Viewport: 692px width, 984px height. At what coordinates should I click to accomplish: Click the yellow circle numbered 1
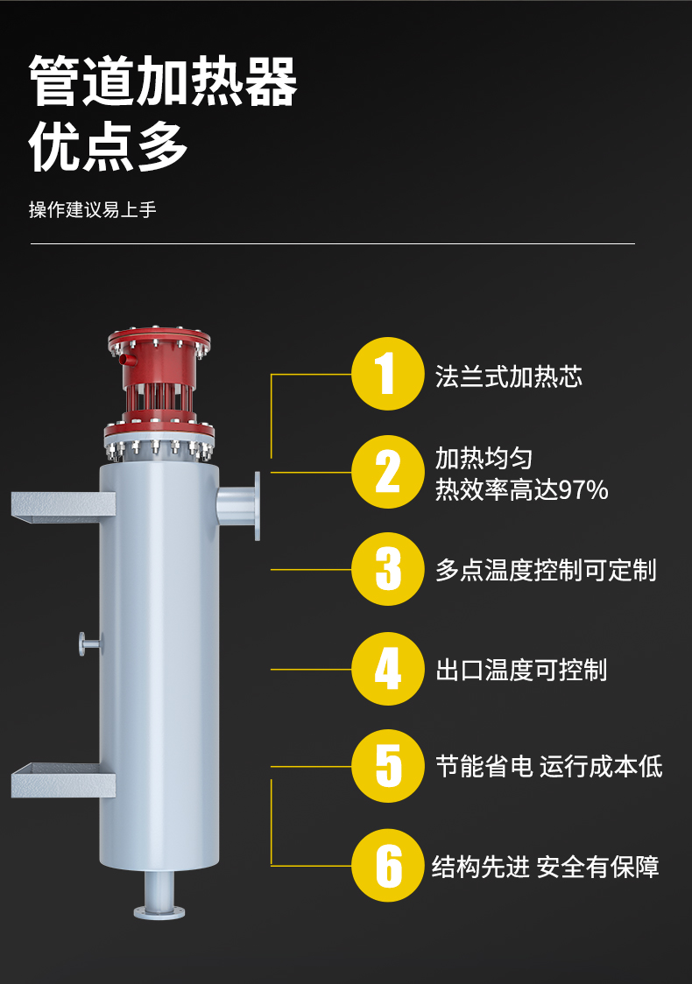(387, 374)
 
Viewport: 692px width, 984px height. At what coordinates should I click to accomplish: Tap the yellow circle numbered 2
(387, 472)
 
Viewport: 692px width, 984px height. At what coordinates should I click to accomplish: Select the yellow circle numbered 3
(387, 569)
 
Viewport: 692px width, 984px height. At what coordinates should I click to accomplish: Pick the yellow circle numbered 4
(387, 669)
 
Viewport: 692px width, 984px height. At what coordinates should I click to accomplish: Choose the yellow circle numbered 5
(387, 766)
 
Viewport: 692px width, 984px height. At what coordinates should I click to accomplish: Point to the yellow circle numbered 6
(387, 866)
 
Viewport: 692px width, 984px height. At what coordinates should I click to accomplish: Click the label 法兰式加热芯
(509, 376)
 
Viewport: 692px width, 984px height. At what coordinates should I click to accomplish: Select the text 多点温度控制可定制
(546, 571)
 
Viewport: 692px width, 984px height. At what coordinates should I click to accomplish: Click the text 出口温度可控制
(521, 671)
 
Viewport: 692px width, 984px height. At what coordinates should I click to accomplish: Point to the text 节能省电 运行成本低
(549, 767)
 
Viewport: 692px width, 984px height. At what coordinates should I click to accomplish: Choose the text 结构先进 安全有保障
(545, 868)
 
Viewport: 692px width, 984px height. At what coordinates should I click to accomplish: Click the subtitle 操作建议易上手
(92, 209)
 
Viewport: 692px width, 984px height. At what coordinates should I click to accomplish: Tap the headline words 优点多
(108, 147)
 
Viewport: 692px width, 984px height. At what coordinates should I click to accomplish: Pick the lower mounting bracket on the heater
(63, 780)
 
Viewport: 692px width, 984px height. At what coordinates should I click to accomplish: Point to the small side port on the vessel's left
(89, 643)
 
